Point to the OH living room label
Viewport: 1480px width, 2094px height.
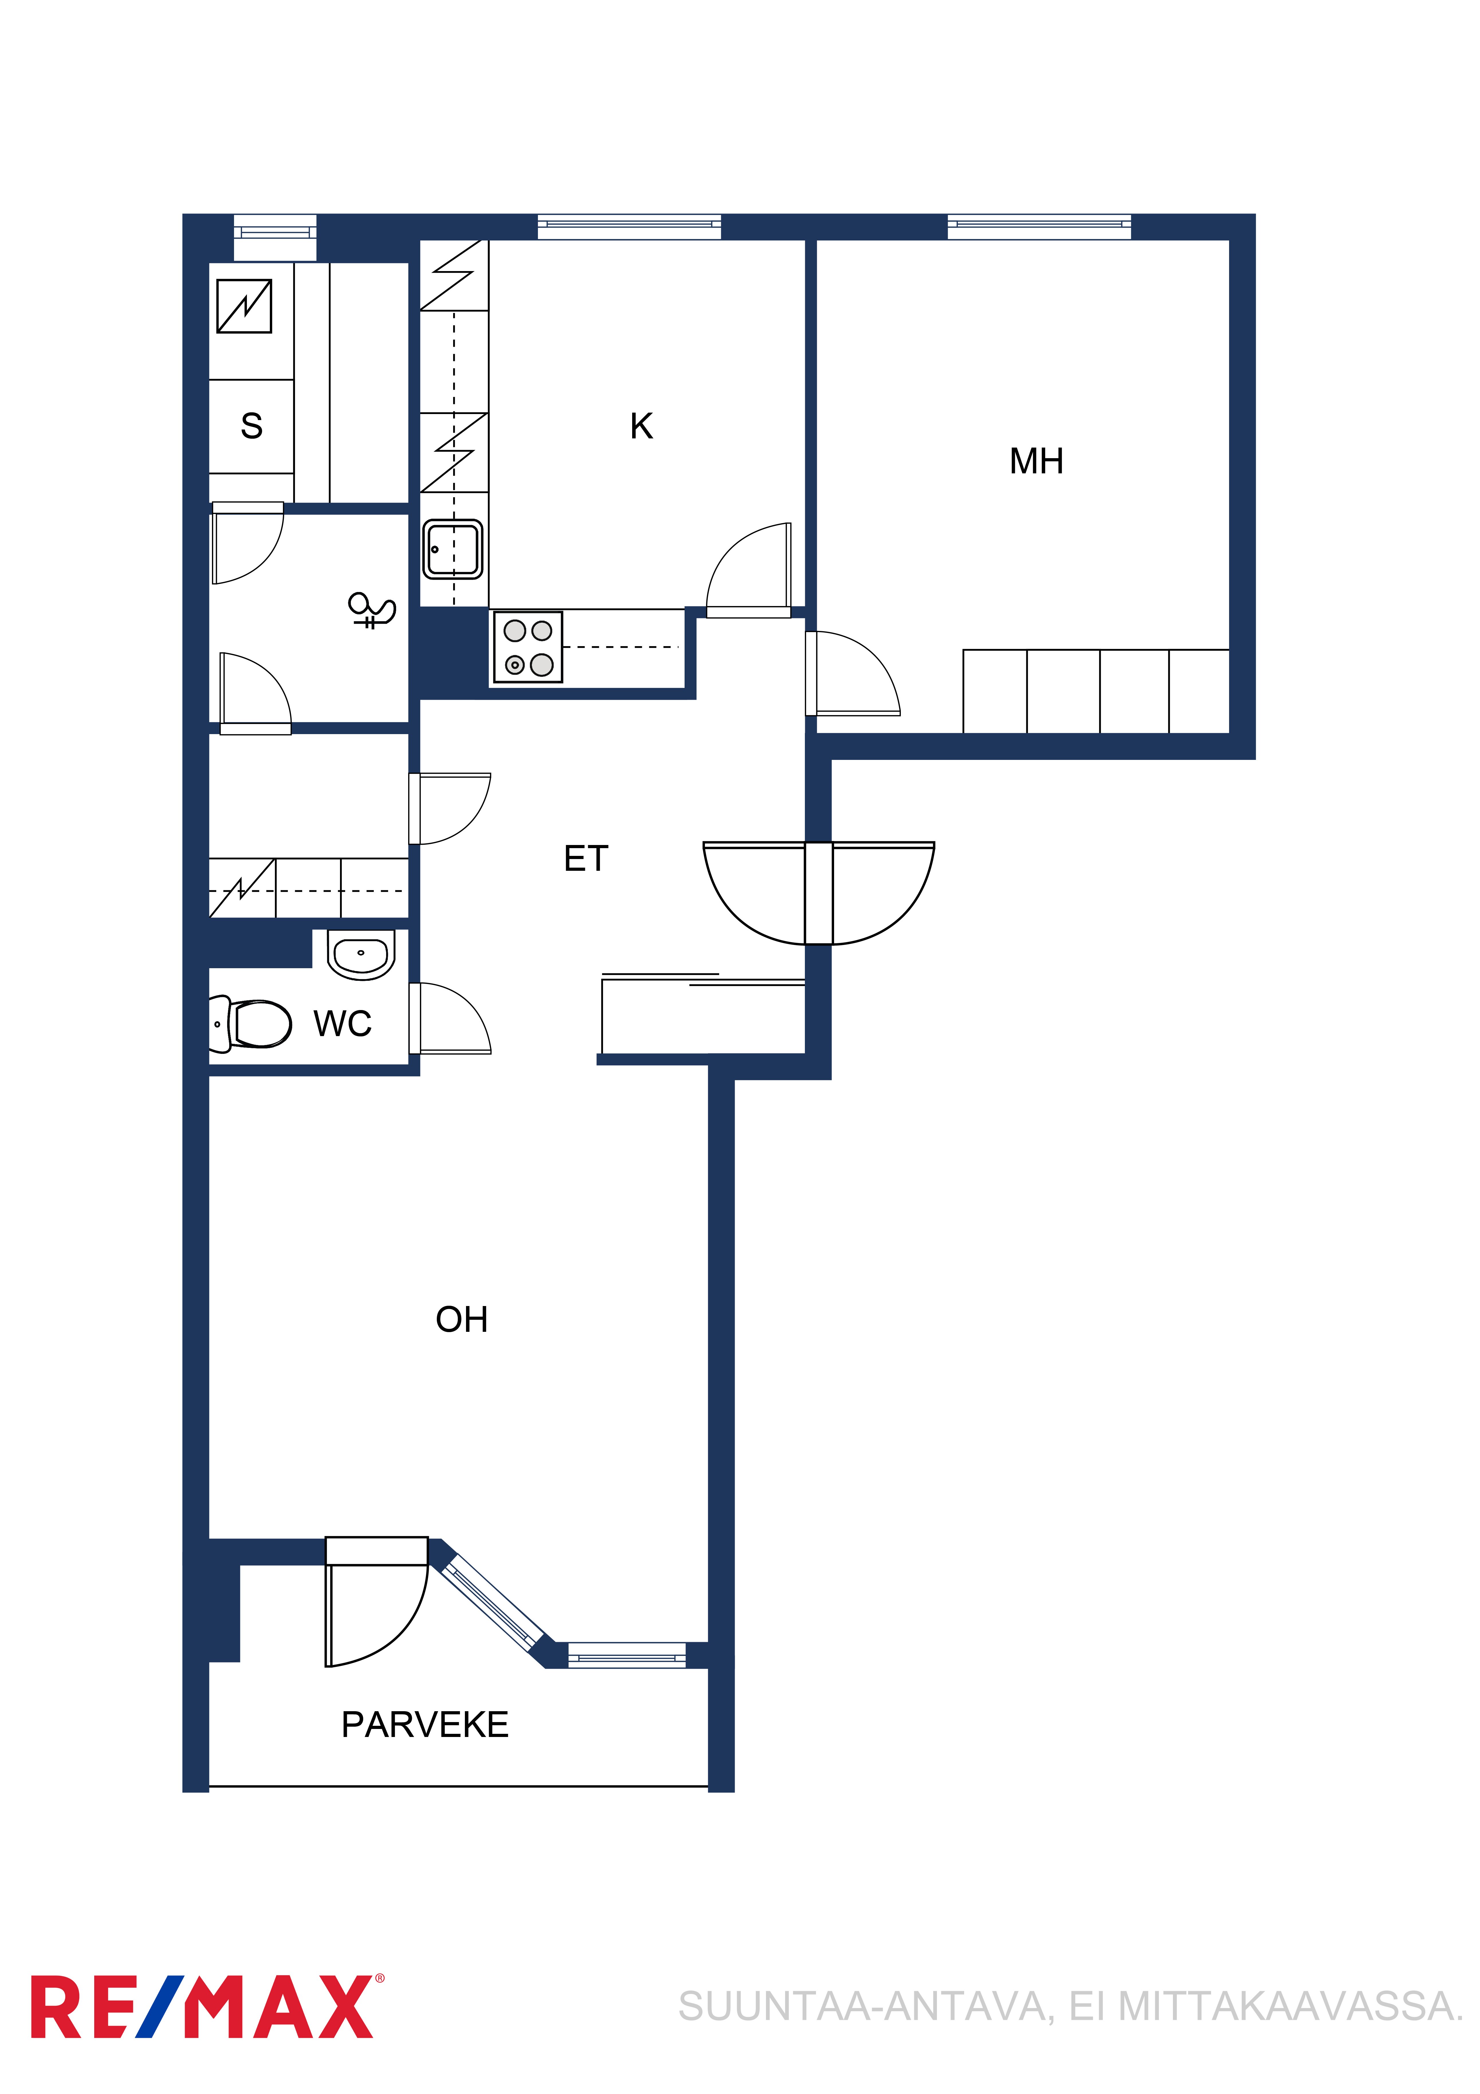coord(461,1320)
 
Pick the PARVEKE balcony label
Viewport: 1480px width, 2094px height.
coord(425,1725)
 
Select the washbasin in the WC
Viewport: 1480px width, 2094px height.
coord(361,954)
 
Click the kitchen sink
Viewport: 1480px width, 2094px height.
coord(452,549)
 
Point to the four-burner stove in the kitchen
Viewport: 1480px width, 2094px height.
coord(528,647)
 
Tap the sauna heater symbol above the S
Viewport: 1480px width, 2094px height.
coord(244,305)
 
